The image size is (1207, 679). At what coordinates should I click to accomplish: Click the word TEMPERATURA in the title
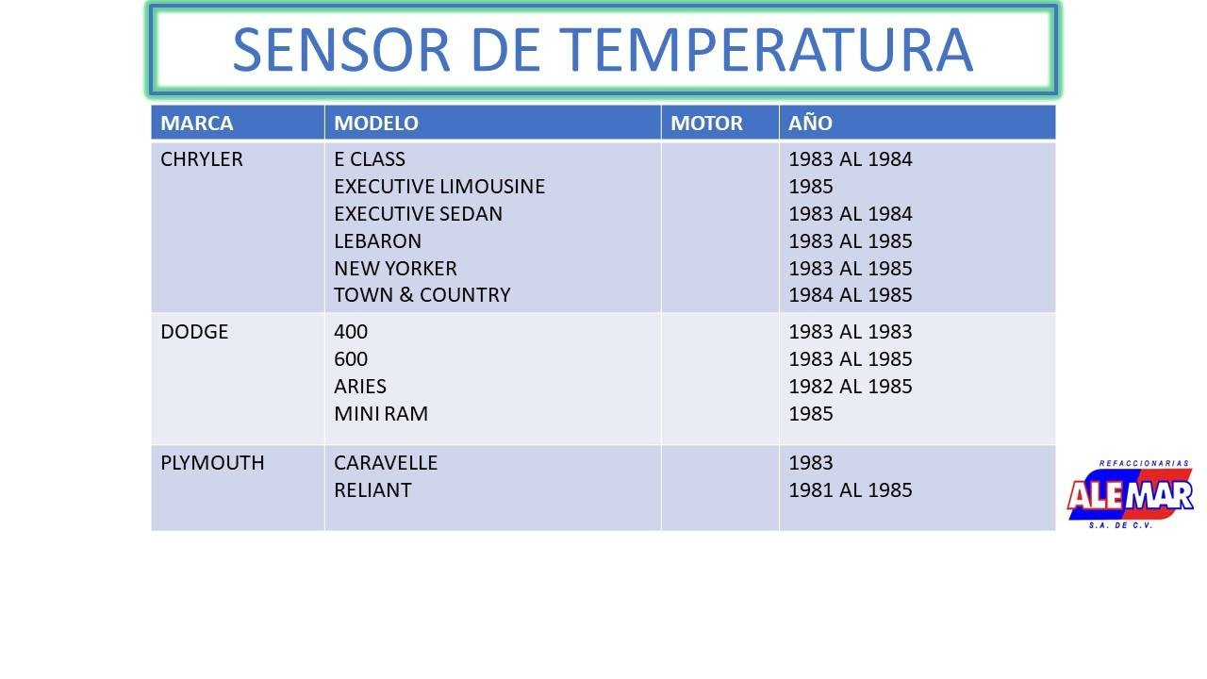(x=766, y=50)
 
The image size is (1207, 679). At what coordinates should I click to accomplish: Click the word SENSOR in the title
(x=341, y=50)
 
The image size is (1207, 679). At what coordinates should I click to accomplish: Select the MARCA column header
(x=197, y=123)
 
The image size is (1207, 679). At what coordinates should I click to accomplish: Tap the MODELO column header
(x=376, y=123)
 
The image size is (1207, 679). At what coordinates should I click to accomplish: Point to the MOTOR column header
(x=706, y=123)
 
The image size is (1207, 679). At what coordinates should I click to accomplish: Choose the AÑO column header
(x=810, y=122)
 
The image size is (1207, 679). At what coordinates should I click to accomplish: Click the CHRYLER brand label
(x=202, y=159)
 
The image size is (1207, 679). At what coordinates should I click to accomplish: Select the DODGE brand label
(x=194, y=331)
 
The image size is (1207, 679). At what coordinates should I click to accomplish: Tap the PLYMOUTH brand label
(x=212, y=463)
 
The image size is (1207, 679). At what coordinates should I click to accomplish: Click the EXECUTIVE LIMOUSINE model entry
(x=439, y=187)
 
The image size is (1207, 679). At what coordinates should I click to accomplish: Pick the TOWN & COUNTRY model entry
(x=422, y=295)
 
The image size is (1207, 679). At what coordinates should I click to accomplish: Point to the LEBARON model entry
(x=378, y=240)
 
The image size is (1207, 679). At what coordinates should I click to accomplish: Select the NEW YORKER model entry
(x=395, y=269)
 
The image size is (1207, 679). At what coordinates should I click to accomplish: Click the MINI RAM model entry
(x=381, y=414)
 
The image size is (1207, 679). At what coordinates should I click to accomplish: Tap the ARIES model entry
(x=360, y=387)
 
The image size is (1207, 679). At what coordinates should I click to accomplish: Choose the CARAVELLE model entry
(x=386, y=463)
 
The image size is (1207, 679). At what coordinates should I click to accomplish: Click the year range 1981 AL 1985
(x=851, y=490)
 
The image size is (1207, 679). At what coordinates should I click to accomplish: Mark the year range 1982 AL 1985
(x=851, y=387)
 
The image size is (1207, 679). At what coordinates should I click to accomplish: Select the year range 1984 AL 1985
(x=851, y=295)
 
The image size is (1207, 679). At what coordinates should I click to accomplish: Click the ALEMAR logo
(x=1130, y=494)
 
